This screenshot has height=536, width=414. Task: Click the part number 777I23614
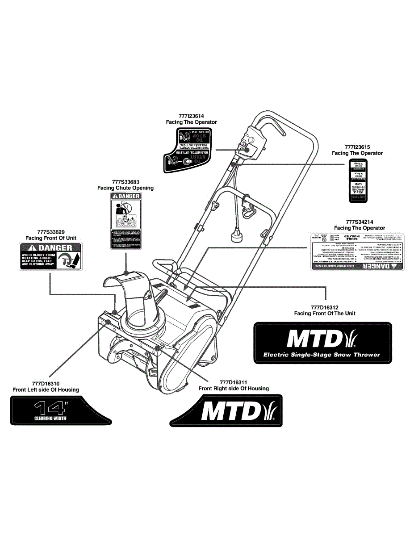tap(191, 116)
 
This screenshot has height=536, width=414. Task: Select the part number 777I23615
tap(357, 147)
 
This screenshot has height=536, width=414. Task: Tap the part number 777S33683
tap(125, 182)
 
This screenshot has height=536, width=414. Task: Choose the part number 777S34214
tap(360, 222)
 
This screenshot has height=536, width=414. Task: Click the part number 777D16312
tap(325, 307)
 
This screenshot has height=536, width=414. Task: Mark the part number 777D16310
tap(46, 383)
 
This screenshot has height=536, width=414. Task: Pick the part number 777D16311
tap(234, 382)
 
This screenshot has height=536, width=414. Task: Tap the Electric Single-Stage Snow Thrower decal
tap(322, 343)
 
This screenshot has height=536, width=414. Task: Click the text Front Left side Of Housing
tap(46, 389)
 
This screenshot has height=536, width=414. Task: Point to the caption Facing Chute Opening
tap(125, 188)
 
